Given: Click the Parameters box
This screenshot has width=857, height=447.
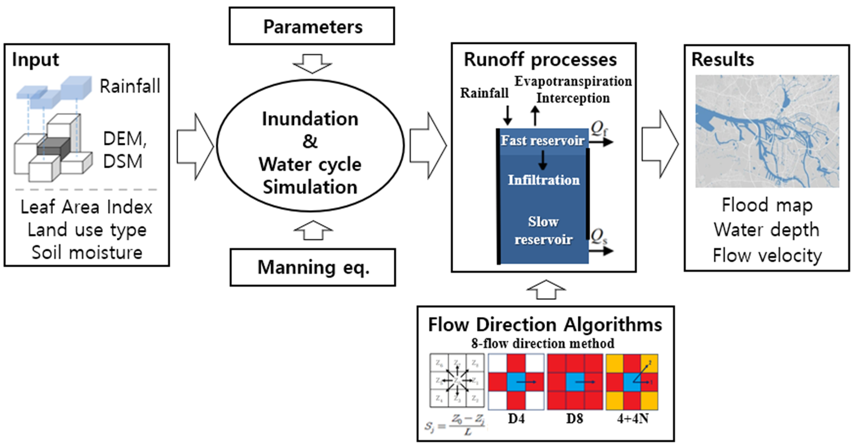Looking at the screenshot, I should [x=312, y=26].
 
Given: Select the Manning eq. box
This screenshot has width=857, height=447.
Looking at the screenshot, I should [x=312, y=267].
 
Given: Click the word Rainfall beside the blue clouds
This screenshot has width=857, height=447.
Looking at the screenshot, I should [x=130, y=86].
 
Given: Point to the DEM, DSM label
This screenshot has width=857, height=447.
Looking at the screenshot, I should [x=124, y=150].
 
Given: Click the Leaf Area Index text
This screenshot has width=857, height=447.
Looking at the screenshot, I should [x=86, y=207].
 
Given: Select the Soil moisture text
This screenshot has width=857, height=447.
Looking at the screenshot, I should [x=87, y=252].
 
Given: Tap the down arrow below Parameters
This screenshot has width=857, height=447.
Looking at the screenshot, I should [x=312, y=63].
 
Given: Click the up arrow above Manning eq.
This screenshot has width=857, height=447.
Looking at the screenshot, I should [x=313, y=231].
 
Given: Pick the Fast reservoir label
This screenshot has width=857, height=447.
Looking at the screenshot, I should [x=542, y=140].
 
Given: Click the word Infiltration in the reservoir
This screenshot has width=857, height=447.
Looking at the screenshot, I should [x=543, y=180].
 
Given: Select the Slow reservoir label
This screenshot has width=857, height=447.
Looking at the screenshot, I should [x=543, y=231].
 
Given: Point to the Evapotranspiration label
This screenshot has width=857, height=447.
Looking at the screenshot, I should [x=573, y=81].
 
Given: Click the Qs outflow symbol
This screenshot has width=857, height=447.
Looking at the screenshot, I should [x=599, y=235].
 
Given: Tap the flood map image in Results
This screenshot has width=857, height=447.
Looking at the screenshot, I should [x=767, y=131].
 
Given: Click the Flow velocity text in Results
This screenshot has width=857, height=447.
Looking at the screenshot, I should [x=767, y=256].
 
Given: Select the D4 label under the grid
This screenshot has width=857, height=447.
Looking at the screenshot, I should [x=516, y=419].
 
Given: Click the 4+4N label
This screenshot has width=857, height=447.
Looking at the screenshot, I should [x=632, y=419].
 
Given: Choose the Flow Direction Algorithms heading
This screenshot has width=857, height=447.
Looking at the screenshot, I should [x=545, y=324].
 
